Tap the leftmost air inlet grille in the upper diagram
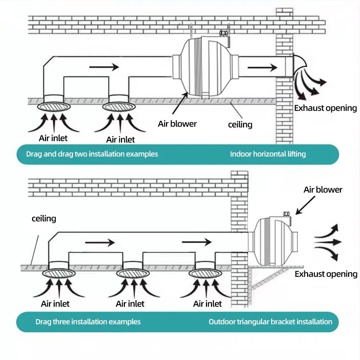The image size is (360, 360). tap(54, 107)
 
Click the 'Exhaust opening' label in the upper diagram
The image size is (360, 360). tap(325, 108)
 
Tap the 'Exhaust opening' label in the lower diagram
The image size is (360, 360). tap(326, 274)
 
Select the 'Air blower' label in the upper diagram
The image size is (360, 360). tap(177, 124)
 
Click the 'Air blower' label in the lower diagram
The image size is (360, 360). tap(323, 190)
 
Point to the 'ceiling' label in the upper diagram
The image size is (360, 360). tap(240, 125)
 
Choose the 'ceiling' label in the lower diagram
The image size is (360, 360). tap(44, 219)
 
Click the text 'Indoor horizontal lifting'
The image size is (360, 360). tap(268, 154)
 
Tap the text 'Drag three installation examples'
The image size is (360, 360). tap(88, 321)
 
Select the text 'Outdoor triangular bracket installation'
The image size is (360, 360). tap(270, 321)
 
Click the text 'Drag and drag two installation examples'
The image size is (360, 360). tap(92, 154)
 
